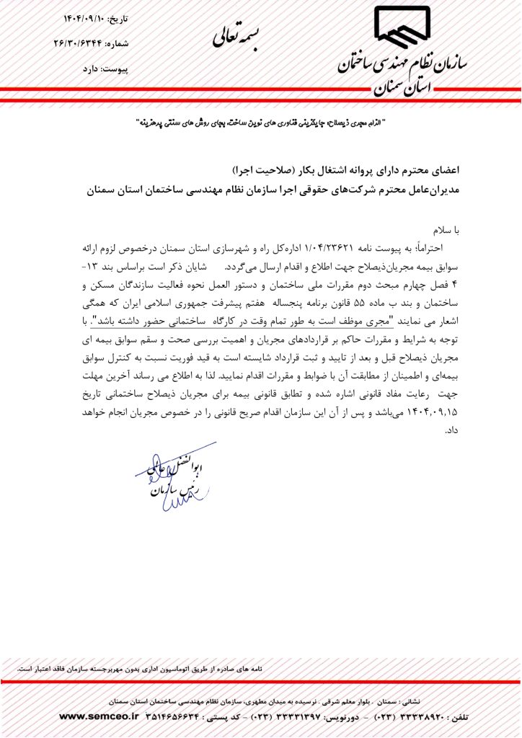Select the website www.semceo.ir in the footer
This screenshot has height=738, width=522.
(102, 717)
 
